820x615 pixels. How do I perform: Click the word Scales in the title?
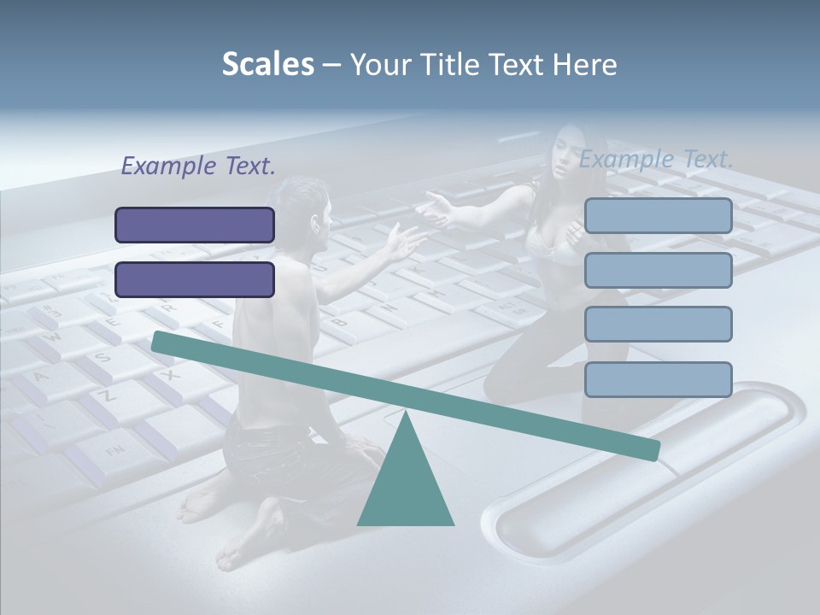pos(267,64)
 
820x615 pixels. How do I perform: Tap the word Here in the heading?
pos(583,64)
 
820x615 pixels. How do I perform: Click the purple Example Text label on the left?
pos(198,166)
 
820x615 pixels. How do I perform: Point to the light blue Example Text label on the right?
pos(656,159)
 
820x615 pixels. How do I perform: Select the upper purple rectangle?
pos(195,225)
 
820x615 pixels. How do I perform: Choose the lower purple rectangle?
pos(195,279)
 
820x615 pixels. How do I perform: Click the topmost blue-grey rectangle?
pos(659,216)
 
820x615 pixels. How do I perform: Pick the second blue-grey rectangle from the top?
pos(659,270)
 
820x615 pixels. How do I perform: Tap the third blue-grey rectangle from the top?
pos(659,325)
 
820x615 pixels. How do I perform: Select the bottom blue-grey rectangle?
pos(659,379)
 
